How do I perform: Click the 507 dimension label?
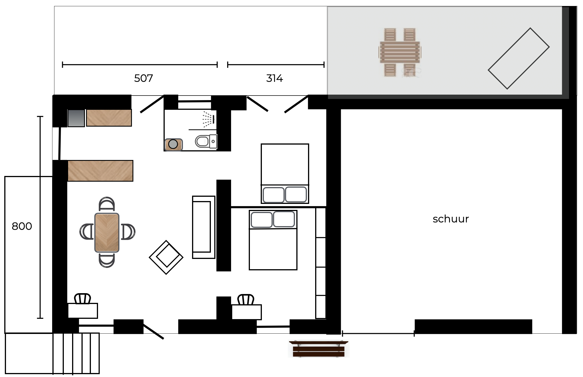pos(143,78)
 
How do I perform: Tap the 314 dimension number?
pos(274,78)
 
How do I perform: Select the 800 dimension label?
pos(22,226)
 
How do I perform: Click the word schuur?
pos(451,219)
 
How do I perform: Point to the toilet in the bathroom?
pos(206,141)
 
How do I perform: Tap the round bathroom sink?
pos(173,144)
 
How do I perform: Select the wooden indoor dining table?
pos(107,232)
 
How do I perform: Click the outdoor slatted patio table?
pos(400,52)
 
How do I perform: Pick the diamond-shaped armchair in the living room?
pos(166,257)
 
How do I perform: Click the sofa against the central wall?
pos(203,227)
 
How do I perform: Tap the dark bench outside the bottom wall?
pos(319,349)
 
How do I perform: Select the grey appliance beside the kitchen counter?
pos(76,118)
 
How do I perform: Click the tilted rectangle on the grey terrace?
pos(519,58)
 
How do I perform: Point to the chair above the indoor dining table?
pos(107,204)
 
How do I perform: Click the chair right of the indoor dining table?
pos(128,232)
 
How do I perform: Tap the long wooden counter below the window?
pos(100,171)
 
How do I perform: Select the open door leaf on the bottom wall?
pos(153,331)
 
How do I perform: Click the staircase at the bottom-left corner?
pos(76,353)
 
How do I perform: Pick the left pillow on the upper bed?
pos(274,194)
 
